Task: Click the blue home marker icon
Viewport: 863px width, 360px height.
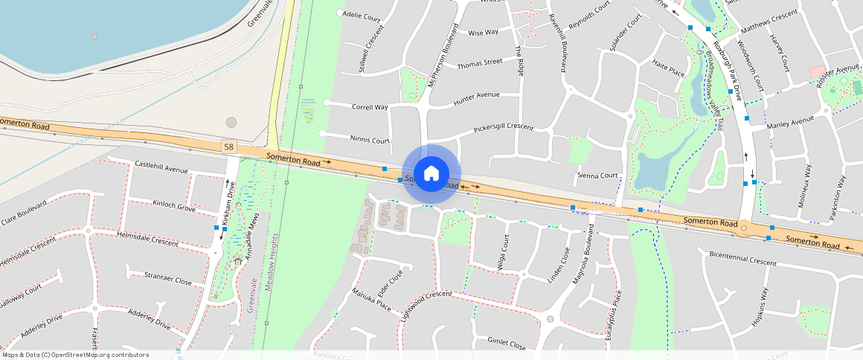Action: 431,174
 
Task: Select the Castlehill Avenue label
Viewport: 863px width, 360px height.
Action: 161,167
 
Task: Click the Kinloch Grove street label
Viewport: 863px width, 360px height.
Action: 174,205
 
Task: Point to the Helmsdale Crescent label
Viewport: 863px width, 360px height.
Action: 147,238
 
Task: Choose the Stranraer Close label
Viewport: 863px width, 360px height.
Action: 167,279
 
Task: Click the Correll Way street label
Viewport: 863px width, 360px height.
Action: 370,107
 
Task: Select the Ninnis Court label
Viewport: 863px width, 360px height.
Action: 370,139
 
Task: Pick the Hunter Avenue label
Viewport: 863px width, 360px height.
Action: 476,96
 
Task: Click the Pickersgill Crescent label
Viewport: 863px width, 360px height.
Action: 503,128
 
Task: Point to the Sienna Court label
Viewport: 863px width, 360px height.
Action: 597,176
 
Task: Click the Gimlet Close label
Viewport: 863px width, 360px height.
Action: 506,343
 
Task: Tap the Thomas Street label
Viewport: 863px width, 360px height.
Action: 479,64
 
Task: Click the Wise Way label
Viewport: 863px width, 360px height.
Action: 483,33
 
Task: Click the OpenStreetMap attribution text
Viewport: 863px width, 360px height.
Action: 74,355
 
